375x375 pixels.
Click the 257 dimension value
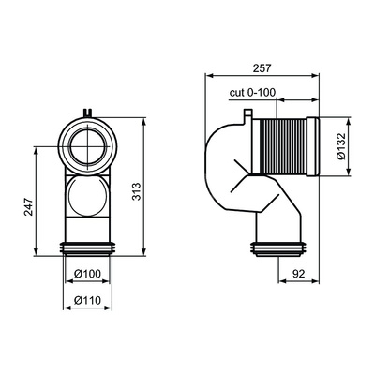click(262, 67)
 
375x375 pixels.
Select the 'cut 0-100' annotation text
click(252, 93)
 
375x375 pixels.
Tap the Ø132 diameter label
click(342, 146)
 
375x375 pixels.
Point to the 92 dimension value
click(299, 274)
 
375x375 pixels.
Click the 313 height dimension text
click(137, 191)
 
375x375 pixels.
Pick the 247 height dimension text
click(28, 206)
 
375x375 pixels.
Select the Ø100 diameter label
click(87, 274)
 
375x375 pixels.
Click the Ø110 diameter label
click(87, 300)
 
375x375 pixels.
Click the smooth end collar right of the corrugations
click(313, 146)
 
